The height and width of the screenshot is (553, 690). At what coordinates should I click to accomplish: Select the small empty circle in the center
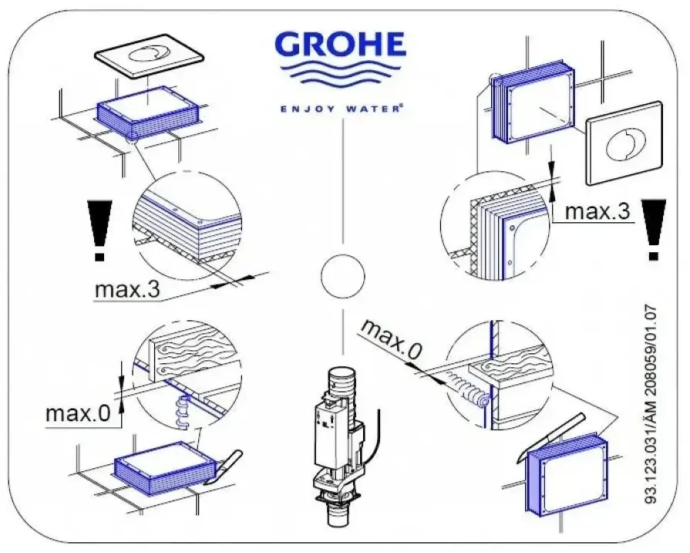[x=342, y=275]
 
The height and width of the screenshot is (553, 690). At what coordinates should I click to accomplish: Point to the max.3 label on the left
[x=128, y=291]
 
